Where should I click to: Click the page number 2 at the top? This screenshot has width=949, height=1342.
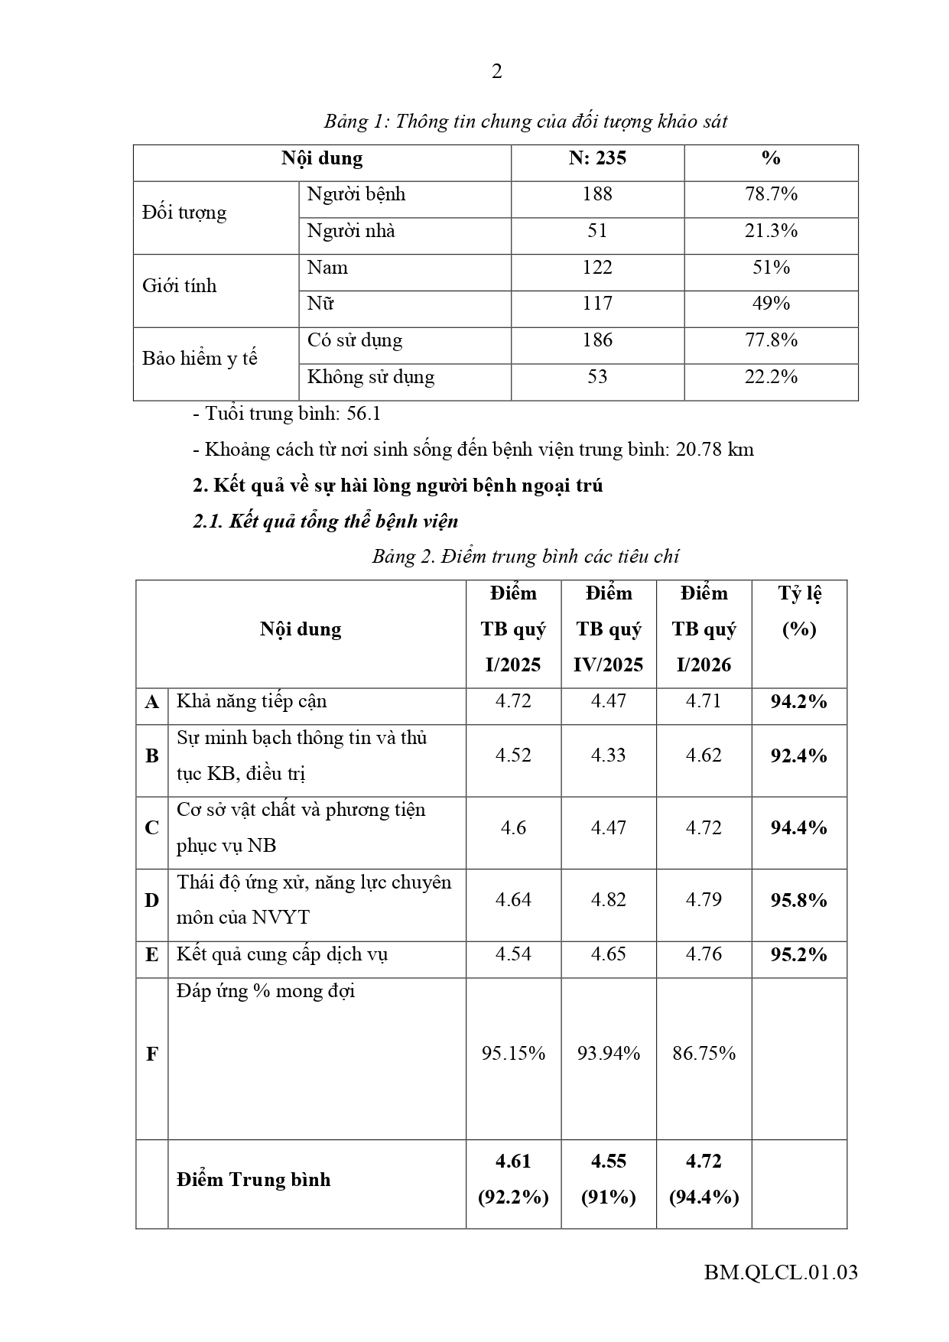(497, 71)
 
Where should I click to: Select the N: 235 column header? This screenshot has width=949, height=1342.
(597, 158)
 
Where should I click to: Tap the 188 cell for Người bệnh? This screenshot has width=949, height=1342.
(597, 194)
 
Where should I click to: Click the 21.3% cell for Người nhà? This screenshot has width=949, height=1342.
(771, 231)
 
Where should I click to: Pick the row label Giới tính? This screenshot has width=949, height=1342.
(180, 286)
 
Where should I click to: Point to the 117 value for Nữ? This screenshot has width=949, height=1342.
(597, 304)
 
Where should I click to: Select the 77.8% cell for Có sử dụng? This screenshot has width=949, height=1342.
(771, 340)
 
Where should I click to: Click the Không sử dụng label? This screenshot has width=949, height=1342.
(371, 377)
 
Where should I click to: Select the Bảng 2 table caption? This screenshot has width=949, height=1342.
(525, 556)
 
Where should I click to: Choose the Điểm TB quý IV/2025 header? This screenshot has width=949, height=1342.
(609, 629)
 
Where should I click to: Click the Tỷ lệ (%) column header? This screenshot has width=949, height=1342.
(799, 611)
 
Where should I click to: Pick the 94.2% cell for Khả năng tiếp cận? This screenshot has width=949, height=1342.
(799, 702)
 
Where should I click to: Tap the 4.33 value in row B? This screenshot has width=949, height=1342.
(609, 755)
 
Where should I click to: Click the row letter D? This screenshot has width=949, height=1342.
(152, 901)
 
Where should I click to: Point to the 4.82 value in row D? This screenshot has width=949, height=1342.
(609, 900)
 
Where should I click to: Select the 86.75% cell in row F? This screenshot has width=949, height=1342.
(704, 1054)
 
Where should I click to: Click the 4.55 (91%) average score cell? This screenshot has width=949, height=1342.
(609, 1179)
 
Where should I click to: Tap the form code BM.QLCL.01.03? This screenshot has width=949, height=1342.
(781, 1272)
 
